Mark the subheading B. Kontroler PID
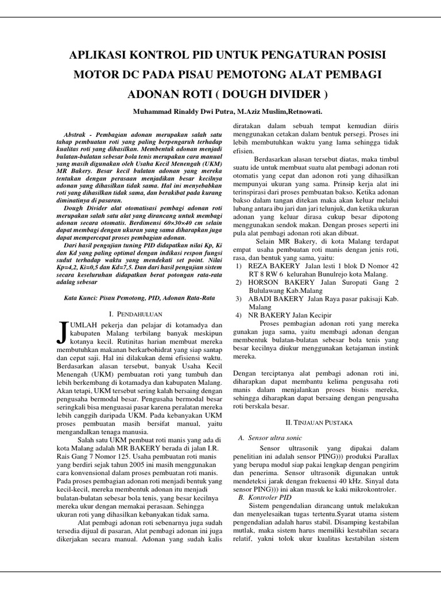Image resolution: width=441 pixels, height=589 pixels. [x=262, y=496]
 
